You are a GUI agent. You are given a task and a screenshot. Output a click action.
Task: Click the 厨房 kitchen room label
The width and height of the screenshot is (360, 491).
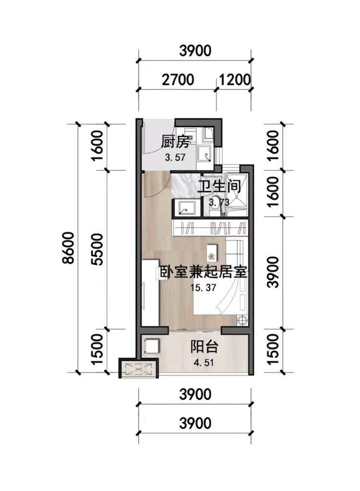[175, 143]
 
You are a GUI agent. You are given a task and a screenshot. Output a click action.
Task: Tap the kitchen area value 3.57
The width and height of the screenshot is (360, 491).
[175, 157]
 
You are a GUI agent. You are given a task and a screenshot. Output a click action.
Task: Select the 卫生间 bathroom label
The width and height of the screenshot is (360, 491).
[219, 187]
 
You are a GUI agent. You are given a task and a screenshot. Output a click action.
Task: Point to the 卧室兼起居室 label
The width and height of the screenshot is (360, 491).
[204, 272]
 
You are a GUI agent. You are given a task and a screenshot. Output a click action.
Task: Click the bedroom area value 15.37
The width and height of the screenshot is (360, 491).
[204, 287]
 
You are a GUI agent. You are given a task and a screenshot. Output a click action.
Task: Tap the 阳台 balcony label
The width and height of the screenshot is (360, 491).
[204, 347]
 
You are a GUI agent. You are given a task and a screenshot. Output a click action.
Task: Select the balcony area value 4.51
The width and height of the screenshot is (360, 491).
[204, 363]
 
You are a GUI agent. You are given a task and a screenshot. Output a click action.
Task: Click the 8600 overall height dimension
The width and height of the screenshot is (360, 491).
[68, 248]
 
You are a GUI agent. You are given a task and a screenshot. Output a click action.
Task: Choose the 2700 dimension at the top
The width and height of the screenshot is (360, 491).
[178, 80]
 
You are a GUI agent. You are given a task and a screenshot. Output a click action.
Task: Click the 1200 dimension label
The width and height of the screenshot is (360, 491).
[235, 80]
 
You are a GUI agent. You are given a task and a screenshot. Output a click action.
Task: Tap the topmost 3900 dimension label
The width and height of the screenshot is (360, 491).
[195, 51]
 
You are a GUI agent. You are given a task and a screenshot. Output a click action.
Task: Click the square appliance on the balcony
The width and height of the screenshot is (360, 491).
[152, 347]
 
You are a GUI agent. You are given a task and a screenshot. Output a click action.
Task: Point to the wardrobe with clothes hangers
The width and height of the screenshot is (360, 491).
[210, 228]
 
